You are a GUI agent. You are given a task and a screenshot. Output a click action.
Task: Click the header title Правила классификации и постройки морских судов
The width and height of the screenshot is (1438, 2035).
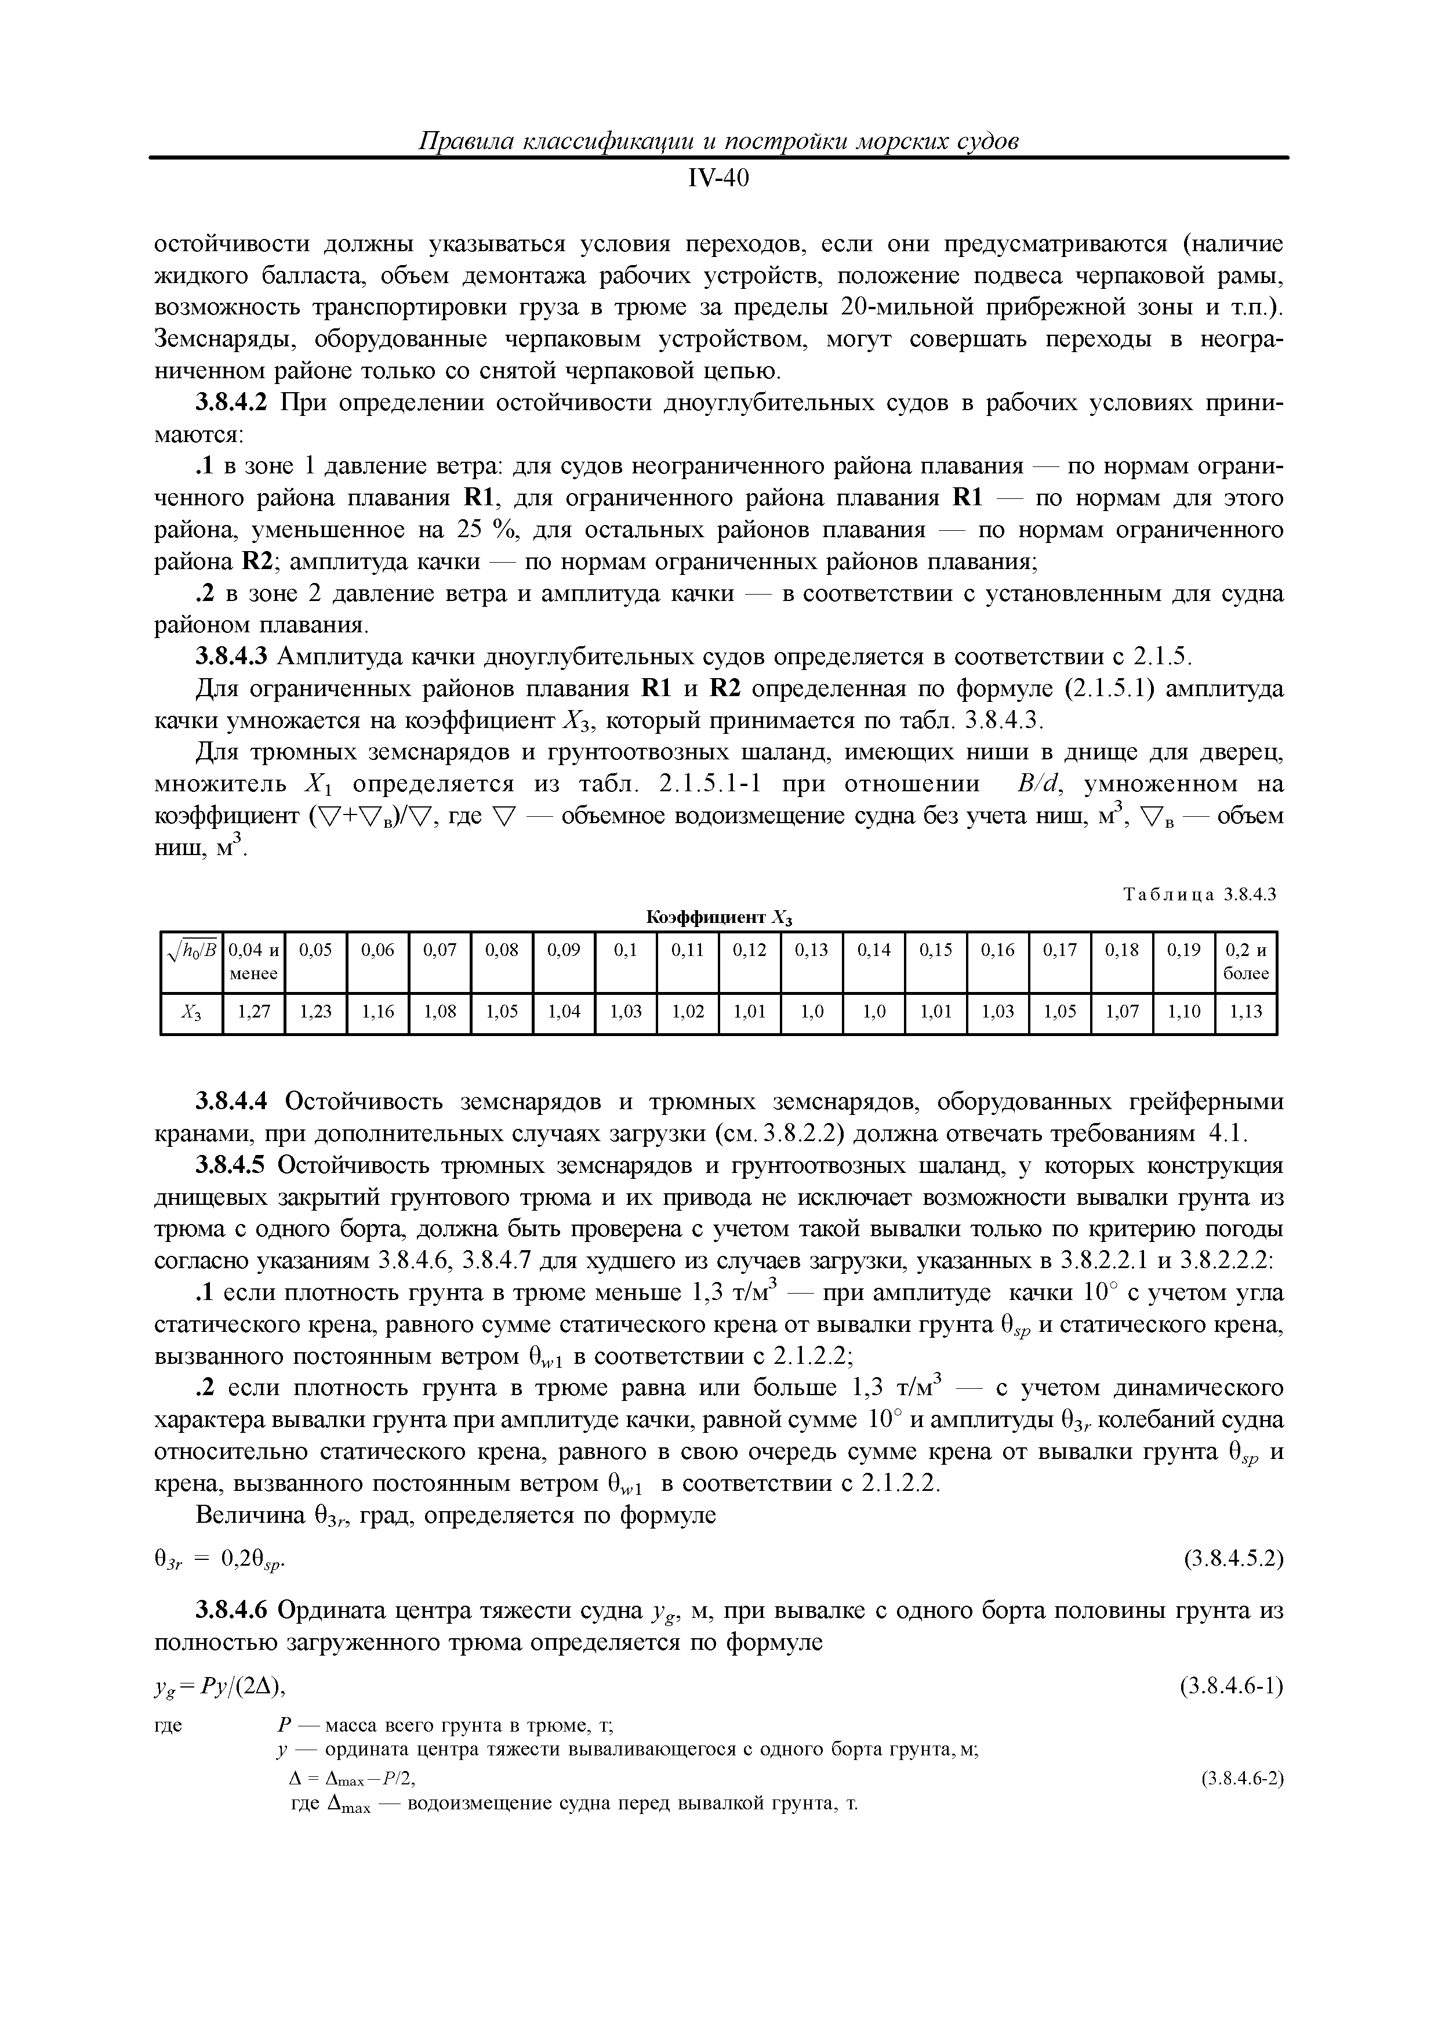[718, 142]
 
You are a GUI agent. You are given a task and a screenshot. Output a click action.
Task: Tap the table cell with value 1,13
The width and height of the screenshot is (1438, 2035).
[1245, 1011]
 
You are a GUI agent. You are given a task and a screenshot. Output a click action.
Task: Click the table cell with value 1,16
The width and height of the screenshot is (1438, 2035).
[378, 1011]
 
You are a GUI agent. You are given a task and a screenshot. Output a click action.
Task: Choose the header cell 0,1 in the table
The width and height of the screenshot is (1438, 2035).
[626, 950]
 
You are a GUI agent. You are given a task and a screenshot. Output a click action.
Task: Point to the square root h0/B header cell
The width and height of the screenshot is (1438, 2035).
[191, 953]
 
